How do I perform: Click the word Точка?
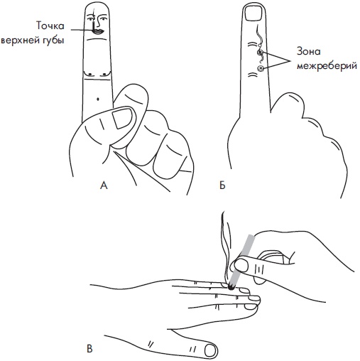pos(50,26)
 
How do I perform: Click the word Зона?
pos(309,51)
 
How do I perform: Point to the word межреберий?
pos(327,65)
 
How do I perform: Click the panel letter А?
pos(104,185)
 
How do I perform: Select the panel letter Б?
pos(222,185)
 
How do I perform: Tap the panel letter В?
pos(89,349)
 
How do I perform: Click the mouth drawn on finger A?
pos(97,32)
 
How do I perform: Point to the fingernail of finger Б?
pos(253,14)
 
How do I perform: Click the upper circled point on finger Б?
pos(260,52)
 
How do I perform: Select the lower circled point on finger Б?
pos(261,68)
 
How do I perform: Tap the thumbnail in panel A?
pos(122,118)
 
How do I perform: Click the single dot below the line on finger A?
pos(98,99)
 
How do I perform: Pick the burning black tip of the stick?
pos(231,287)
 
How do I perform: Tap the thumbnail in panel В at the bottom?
pos(211,350)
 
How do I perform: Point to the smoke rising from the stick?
pos(226,247)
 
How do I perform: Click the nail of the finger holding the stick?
pos(240,265)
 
